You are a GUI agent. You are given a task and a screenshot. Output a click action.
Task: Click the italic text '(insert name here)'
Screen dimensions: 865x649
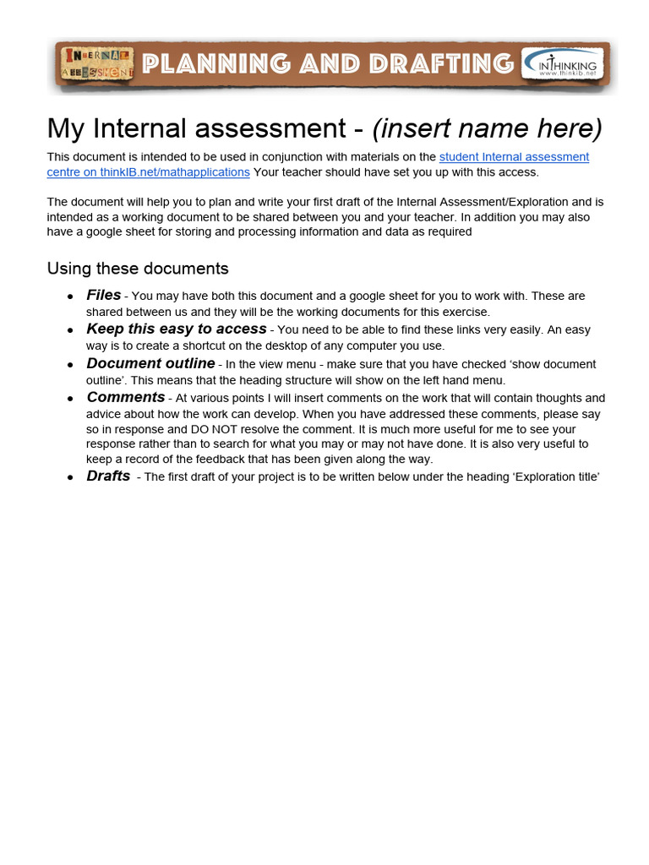(x=488, y=128)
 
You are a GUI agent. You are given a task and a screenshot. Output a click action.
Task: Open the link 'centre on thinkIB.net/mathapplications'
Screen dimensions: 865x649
(x=148, y=172)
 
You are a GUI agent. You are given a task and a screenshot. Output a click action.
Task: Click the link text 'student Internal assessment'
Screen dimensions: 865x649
(x=514, y=157)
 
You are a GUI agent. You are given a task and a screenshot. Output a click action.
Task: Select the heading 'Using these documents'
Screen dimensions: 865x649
(x=138, y=269)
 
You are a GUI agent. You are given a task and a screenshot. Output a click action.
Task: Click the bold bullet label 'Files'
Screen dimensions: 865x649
(x=104, y=296)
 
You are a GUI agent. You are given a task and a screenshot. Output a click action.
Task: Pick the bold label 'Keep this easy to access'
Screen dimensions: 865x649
(x=176, y=329)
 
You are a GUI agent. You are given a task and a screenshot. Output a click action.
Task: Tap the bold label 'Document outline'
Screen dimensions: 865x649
(x=150, y=364)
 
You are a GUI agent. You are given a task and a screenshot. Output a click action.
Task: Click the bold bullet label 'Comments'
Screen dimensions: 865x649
(x=125, y=397)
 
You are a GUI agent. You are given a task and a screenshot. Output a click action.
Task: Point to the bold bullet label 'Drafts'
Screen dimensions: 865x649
(x=108, y=476)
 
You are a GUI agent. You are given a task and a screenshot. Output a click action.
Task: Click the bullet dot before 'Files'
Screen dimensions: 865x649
(x=70, y=297)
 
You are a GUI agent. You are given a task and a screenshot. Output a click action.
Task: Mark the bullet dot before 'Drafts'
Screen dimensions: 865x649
(x=70, y=478)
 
